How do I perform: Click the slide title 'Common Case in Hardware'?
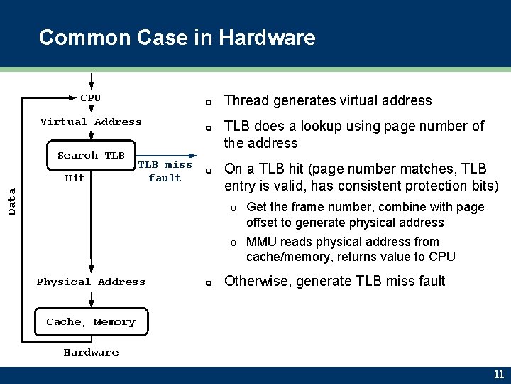[177, 37]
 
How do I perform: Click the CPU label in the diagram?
[91, 98]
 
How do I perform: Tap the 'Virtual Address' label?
[91, 122]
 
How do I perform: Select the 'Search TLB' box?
[91, 156]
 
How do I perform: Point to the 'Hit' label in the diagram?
[75, 178]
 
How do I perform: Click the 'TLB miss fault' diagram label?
[165, 171]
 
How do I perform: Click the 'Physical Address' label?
[91, 282]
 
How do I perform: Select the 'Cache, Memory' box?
[91, 322]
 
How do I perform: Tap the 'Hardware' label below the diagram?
[91, 353]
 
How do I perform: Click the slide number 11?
[498, 374]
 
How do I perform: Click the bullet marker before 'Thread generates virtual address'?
[209, 102]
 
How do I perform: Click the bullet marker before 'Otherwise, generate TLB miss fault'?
[209, 282]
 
